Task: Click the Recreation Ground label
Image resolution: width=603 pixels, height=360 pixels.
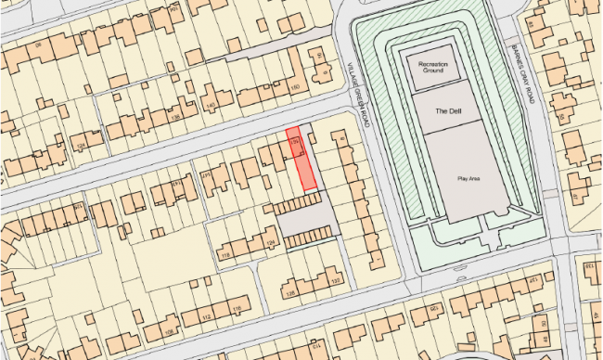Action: click(430, 66)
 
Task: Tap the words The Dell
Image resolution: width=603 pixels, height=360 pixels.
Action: click(448, 110)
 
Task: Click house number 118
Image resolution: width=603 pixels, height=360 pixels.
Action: click(223, 254)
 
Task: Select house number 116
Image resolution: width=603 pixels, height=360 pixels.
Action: click(236, 307)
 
